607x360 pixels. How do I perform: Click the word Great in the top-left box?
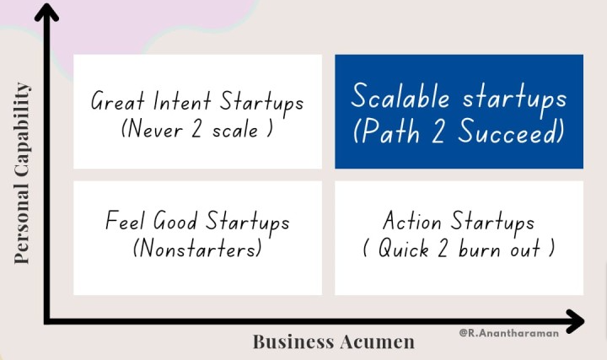[118, 101]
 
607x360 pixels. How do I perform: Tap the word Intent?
[182, 101]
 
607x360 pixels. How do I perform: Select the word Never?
[154, 128]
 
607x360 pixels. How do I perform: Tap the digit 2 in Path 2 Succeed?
[438, 131]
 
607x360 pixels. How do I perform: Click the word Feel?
[125, 220]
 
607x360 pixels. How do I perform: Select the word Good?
[175, 220]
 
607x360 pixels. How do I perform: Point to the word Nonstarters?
[197, 248]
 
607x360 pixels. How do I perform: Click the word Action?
[412, 220]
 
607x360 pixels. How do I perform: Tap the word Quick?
[403, 248]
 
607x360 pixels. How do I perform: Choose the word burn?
[479, 248]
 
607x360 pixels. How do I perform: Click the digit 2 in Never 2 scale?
[196, 128]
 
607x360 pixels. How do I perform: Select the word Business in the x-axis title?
[293, 341]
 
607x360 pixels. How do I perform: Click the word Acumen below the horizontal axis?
[378, 341]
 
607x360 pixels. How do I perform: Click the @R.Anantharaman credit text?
[508, 333]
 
